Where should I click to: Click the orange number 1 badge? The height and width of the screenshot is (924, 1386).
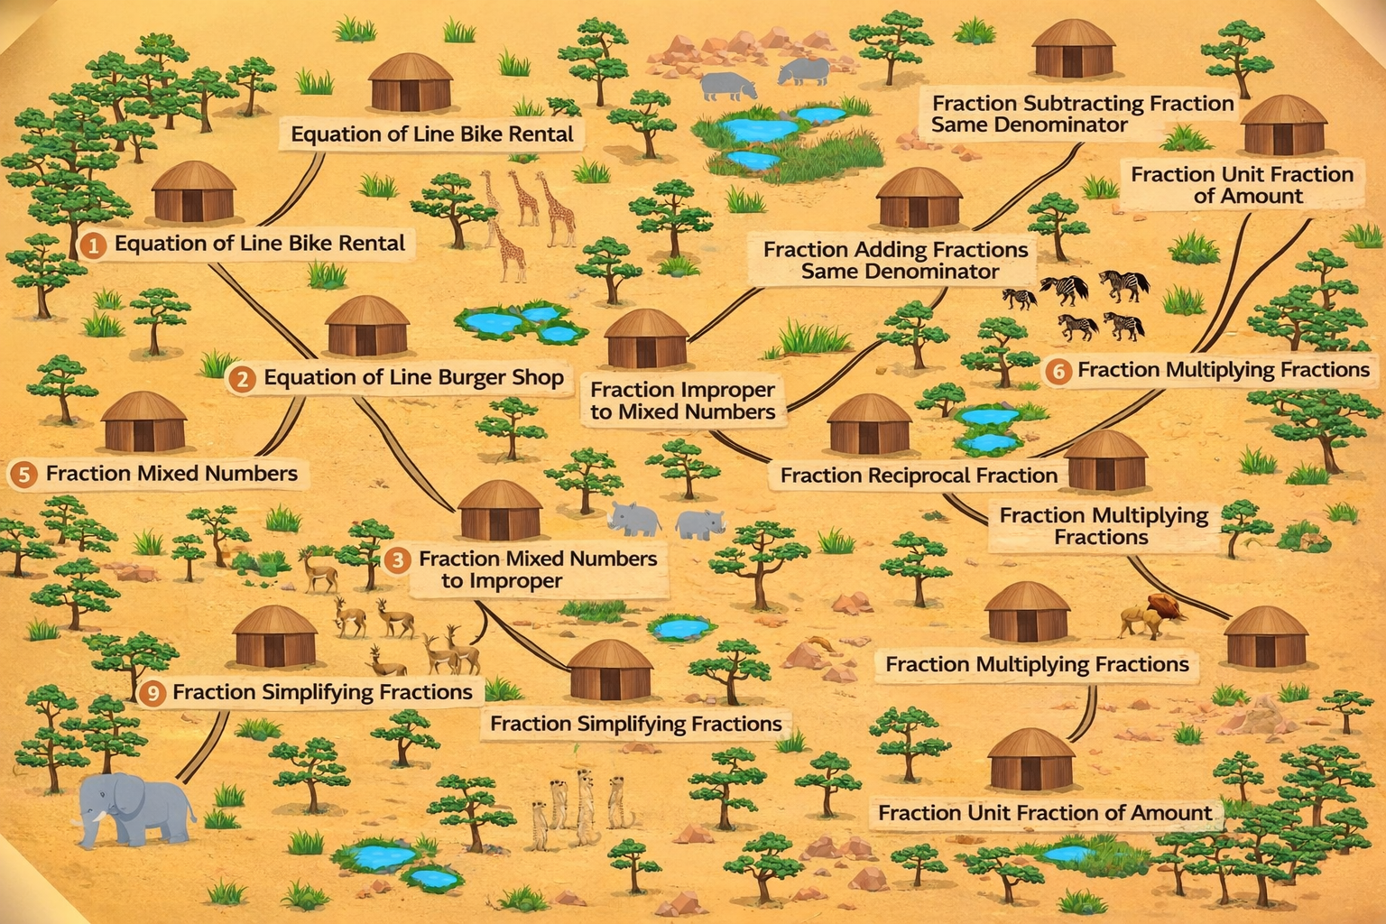pyautogui.click(x=92, y=245)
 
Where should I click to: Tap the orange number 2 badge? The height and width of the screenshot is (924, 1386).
pyautogui.click(x=242, y=378)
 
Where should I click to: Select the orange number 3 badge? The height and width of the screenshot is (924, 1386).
pyautogui.click(x=397, y=560)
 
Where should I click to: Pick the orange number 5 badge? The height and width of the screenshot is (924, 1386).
pyautogui.click(x=23, y=475)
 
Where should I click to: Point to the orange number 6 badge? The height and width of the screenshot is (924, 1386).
pyautogui.click(x=1058, y=371)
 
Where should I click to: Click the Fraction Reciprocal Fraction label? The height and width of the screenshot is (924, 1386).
pyautogui.click(x=919, y=476)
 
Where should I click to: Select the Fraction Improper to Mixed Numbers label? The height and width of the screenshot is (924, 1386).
pyautogui.click(x=682, y=401)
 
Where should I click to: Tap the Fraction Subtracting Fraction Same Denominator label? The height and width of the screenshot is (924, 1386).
pyautogui.click(x=1081, y=115)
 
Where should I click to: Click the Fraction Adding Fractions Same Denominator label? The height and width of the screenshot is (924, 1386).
pyautogui.click(x=895, y=260)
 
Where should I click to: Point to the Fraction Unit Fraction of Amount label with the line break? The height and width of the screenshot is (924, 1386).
pyautogui.click(x=1242, y=185)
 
